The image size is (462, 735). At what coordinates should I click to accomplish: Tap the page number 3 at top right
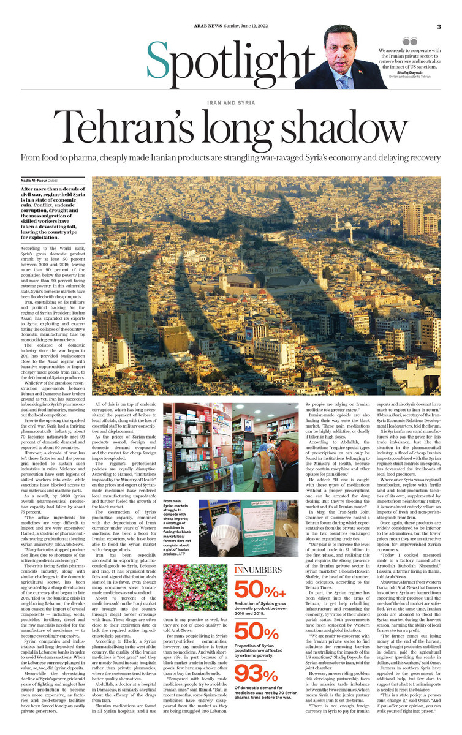tap(439, 26)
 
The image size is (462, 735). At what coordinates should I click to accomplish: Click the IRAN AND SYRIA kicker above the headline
tap(231, 102)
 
